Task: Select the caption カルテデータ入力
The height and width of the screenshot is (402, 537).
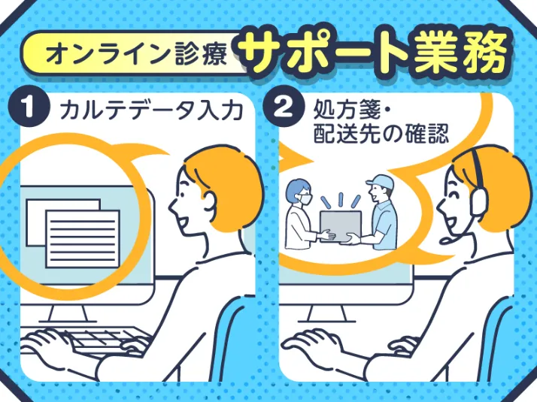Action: (151, 111)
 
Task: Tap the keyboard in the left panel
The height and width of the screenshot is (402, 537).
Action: (90, 343)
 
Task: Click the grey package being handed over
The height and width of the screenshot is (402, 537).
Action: (340, 225)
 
